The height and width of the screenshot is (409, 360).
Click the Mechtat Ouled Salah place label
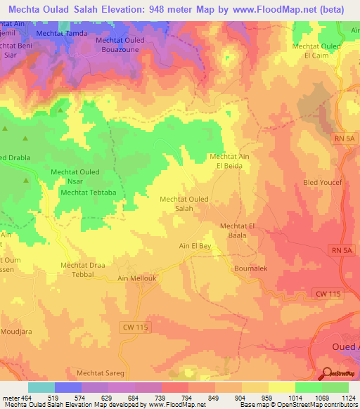pos(184,204)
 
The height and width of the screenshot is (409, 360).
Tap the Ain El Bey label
pos(195,246)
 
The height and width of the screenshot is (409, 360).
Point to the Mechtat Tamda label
pos(63,34)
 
